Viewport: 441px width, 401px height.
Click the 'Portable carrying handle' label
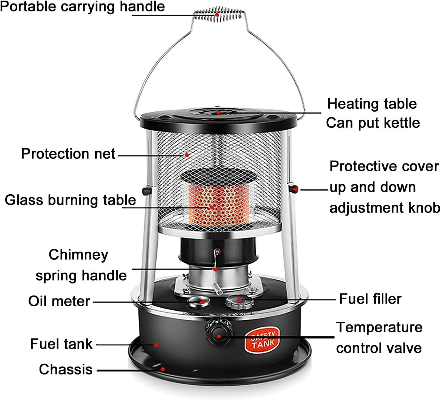(82, 6)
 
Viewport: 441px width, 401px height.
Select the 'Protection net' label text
(68, 154)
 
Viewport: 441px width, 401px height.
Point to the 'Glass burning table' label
(70, 200)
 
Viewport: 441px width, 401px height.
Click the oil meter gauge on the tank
(199, 301)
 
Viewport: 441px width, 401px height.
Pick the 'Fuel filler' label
(370, 299)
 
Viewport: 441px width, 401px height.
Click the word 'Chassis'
(66, 369)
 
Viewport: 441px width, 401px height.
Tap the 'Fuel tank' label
(61, 344)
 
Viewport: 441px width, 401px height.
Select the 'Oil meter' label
(59, 301)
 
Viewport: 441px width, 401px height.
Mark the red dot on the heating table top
(219, 112)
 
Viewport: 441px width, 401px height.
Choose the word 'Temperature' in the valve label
(379, 327)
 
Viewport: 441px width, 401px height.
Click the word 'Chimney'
(78, 255)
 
